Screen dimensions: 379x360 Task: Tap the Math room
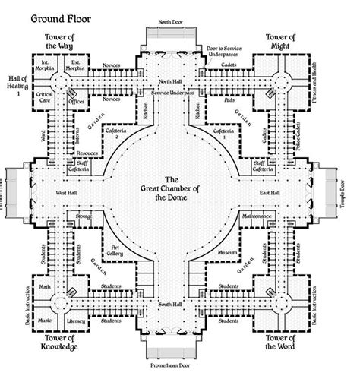pos(46,287)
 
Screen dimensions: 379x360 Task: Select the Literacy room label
pos(77,321)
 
